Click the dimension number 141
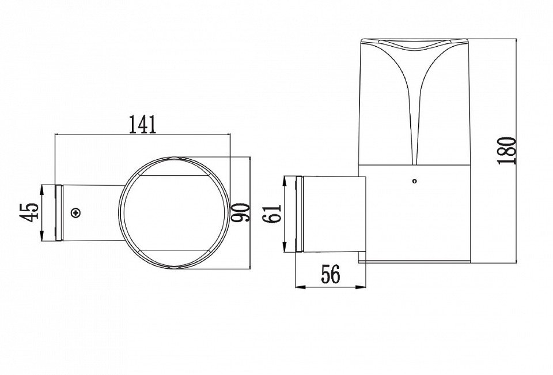(x=142, y=124)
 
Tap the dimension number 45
(x=29, y=212)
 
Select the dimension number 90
(x=241, y=212)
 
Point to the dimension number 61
(x=272, y=213)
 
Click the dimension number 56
(x=331, y=274)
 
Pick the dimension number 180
(x=507, y=151)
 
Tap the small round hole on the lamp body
(x=415, y=182)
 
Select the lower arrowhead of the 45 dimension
(x=41, y=236)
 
